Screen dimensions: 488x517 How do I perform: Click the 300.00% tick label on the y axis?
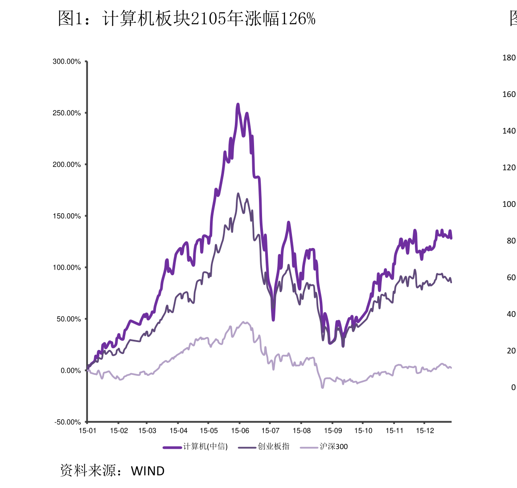[x=67, y=61]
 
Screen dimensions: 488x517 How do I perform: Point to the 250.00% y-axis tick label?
[x=67, y=113]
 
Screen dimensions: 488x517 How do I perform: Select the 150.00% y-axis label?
[x=67, y=216]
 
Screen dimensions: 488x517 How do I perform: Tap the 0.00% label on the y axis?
[x=70, y=370]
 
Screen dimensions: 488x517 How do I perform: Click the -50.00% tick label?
[x=68, y=422]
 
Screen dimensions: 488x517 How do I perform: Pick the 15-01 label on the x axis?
[x=87, y=431]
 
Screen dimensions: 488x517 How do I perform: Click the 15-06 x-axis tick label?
[x=240, y=431]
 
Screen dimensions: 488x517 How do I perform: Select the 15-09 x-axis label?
[x=332, y=431]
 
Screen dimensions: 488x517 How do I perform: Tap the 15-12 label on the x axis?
[x=425, y=431]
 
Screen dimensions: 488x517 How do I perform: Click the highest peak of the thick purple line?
[x=238, y=105]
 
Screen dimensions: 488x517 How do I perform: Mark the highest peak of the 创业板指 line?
[x=238, y=194]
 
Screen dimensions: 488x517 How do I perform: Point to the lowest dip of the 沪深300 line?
[x=322, y=387]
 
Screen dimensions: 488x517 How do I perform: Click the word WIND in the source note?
[x=148, y=471]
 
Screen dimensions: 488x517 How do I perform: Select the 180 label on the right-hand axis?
[x=509, y=57]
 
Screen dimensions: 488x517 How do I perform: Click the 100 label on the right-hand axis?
[x=509, y=204]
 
